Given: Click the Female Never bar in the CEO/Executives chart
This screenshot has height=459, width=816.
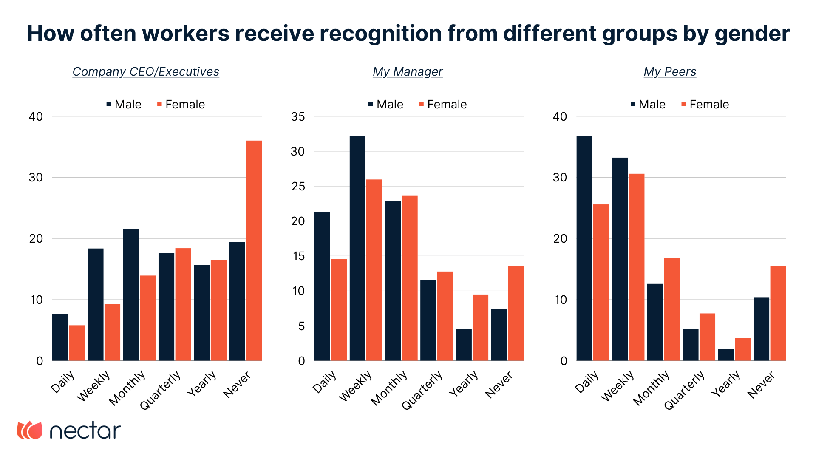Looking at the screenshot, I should tap(254, 251).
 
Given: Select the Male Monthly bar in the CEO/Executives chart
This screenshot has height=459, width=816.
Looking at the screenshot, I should tap(131, 295).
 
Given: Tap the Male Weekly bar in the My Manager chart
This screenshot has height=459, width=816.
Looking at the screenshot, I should tap(357, 248).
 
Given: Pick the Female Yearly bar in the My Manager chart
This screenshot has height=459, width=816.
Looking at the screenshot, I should tap(480, 328).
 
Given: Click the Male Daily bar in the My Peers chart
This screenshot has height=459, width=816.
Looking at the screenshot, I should tap(584, 248).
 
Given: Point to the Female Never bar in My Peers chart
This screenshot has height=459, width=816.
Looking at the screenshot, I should tap(778, 313).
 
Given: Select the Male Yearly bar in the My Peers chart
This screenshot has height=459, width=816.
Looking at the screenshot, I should tap(726, 355).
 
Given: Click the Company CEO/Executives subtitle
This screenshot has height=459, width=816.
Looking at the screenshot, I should tap(146, 72).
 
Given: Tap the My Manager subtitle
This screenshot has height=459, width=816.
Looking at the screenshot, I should tap(408, 72).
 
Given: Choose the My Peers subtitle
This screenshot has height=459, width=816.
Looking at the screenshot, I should tap(670, 72).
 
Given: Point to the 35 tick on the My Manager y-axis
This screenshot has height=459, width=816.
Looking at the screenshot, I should tap(298, 117).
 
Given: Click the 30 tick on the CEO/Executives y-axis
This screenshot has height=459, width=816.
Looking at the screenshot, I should tap(36, 178).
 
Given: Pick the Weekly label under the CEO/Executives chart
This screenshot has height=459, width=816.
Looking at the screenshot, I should tap(94, 385).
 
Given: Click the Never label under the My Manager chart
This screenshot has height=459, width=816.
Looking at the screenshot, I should tap(499, 385).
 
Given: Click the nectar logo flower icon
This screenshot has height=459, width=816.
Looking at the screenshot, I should tap(30, 430).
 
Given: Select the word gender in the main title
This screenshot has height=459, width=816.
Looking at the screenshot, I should tap(752, 34).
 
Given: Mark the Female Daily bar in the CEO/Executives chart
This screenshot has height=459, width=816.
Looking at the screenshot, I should tap(77, 343).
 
